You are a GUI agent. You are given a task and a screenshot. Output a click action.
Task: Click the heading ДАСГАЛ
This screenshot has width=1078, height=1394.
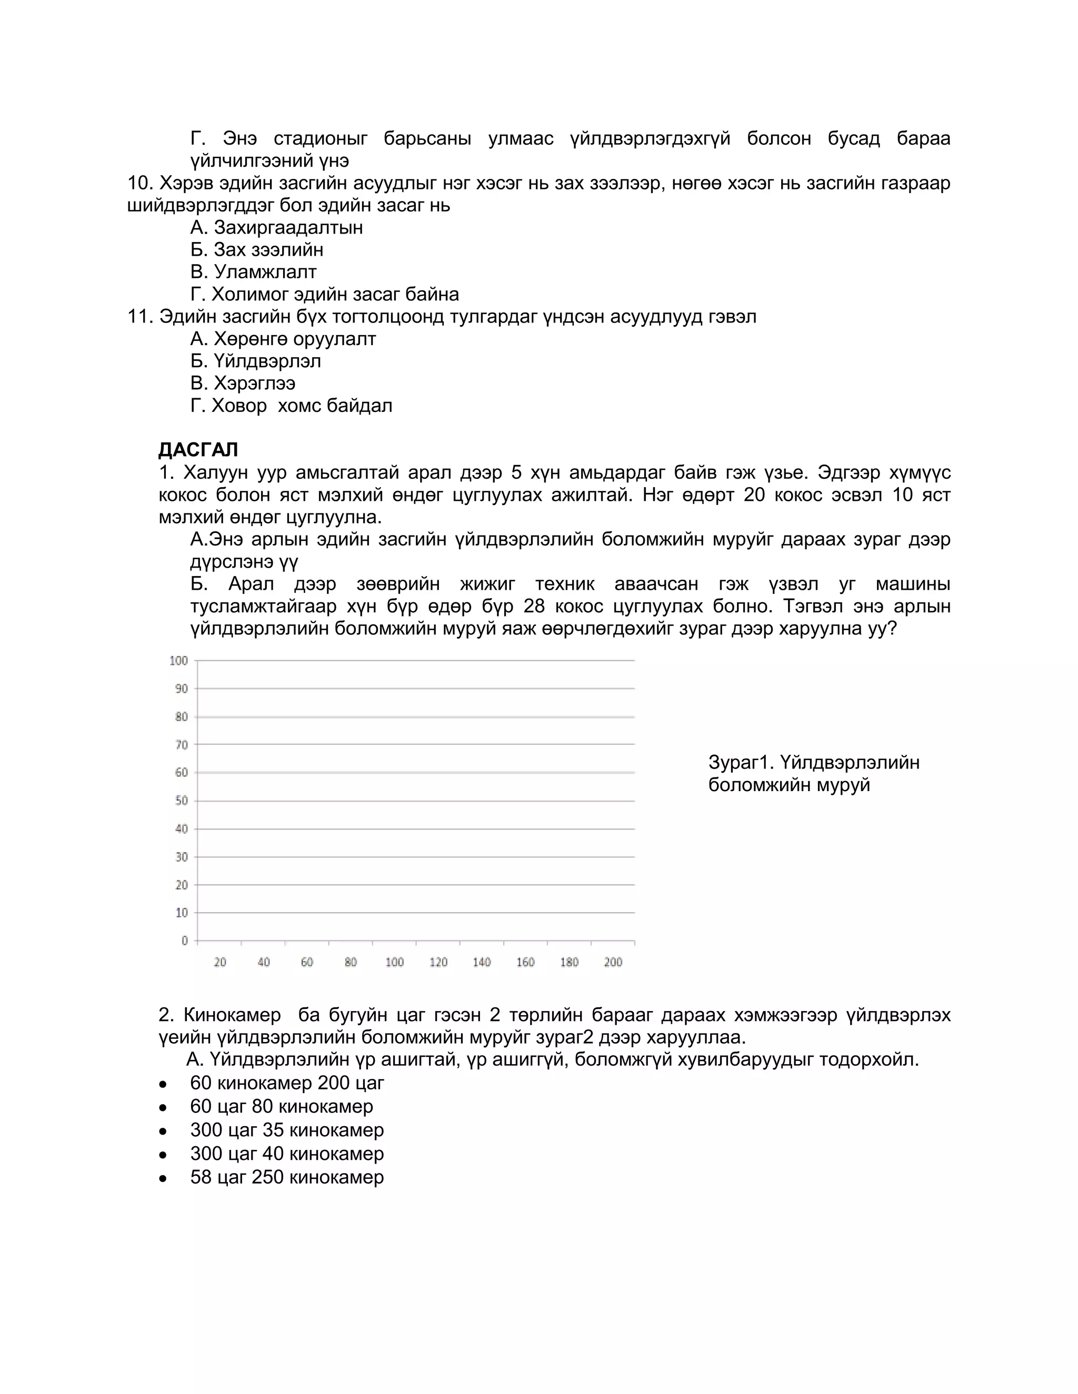coord(198,450)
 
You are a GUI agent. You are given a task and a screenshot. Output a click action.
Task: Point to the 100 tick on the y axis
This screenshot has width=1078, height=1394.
coord(179,661)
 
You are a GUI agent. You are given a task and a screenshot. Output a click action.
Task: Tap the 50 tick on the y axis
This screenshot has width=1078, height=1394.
coord(182,801)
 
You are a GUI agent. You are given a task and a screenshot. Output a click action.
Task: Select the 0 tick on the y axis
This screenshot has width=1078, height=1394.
coord(185,941)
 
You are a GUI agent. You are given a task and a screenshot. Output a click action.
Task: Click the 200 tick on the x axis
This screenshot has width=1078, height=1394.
coord(613,962)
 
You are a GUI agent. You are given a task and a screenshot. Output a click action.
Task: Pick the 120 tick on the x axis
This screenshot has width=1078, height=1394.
coord(438,962)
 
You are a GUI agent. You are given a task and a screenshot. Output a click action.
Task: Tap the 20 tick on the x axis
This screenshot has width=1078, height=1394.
coord(219,962)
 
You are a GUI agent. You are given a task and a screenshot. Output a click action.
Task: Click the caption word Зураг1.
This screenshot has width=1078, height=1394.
coord(741,762)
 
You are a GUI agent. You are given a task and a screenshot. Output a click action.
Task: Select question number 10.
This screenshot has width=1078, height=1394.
coord(140,183)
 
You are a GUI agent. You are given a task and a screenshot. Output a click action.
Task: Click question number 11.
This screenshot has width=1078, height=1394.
coord(140,317)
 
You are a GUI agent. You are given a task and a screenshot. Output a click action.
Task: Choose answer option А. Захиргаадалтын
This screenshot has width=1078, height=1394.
coord(276,228)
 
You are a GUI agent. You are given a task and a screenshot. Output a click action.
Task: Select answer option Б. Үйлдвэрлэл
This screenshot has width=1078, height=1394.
coord(255,361)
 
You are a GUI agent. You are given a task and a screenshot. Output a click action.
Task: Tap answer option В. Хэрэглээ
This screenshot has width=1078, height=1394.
coord(243,383)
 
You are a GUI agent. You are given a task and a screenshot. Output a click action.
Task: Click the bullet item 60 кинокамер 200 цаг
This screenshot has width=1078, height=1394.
coord(287,1083)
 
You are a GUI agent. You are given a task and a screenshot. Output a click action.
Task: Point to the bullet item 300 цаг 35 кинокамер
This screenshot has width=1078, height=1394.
coord(287,1130)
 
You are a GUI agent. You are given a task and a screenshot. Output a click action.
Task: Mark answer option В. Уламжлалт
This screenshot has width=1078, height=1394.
coord(254,272)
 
